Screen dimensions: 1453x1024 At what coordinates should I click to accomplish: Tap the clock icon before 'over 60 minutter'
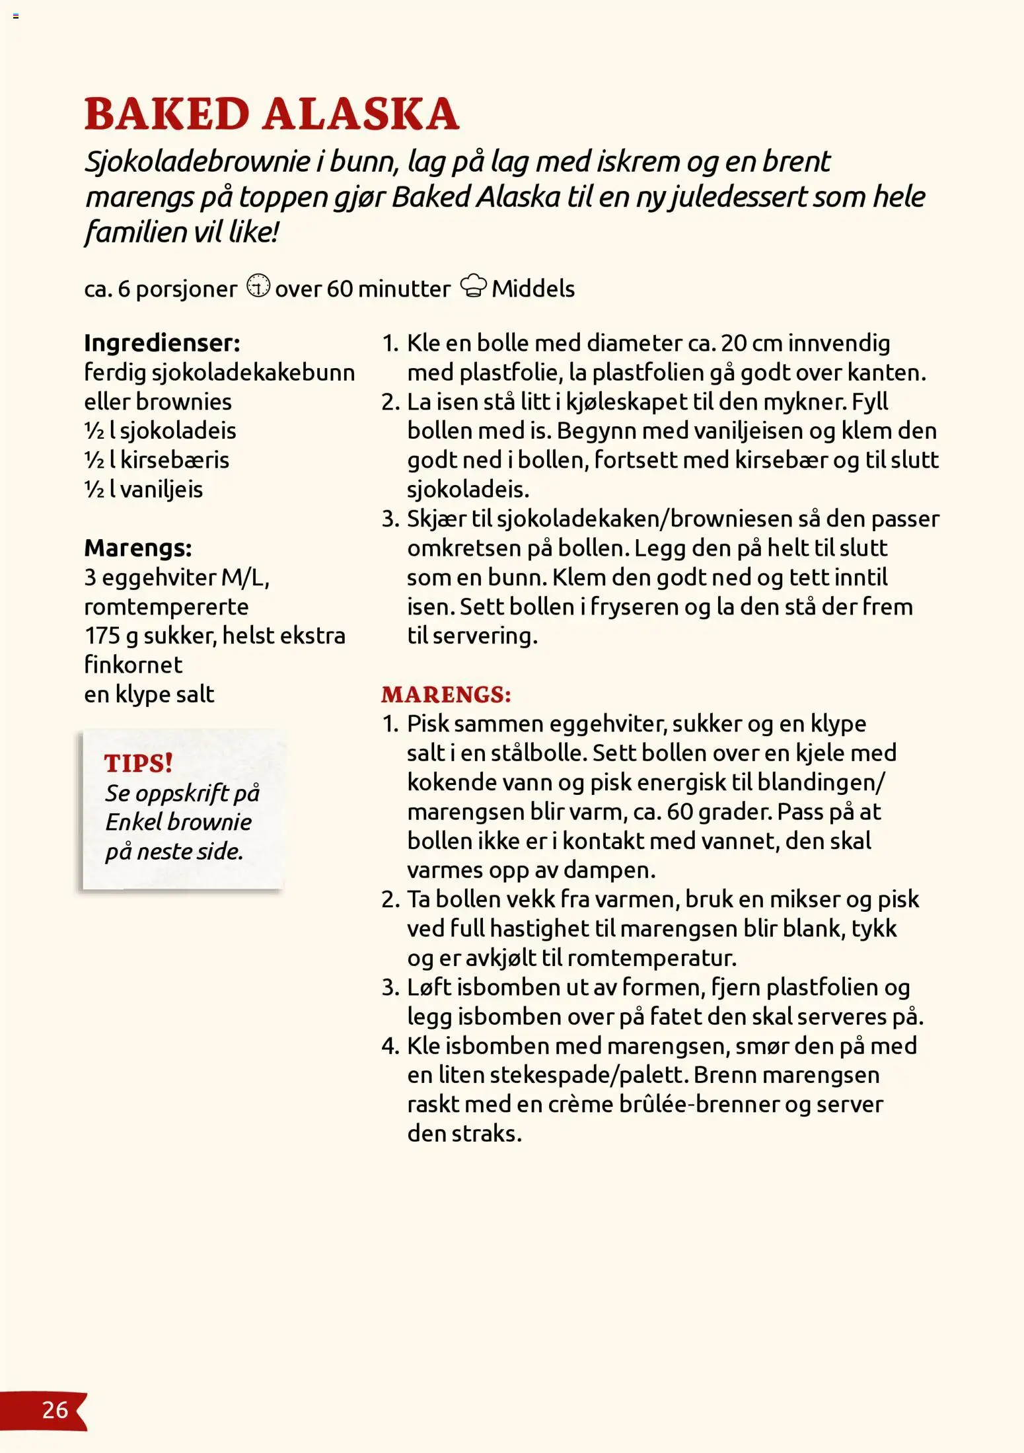(258, 286)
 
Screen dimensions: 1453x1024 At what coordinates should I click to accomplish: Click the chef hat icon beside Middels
(473, 286)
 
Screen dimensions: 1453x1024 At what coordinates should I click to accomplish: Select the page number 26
(55, 1409)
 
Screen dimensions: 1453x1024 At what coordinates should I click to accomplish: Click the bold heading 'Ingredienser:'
(162, 343)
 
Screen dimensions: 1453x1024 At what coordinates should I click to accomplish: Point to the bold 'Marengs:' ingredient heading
(137, 548)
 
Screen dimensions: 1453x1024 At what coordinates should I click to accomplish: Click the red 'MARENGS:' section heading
(446, 694)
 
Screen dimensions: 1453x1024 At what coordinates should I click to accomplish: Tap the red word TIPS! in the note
(139, 763)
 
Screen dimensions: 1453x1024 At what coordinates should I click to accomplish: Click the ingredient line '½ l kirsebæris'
(157, 460)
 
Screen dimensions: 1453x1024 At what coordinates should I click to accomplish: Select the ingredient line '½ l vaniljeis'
(143, 489)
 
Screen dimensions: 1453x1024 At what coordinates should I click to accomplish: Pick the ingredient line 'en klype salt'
(149, 694)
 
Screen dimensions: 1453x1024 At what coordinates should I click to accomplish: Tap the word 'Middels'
(533, 289)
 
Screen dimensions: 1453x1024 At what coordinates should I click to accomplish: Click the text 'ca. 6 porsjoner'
(160, 289)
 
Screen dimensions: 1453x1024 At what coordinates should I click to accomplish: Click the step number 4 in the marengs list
(390, 1046)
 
